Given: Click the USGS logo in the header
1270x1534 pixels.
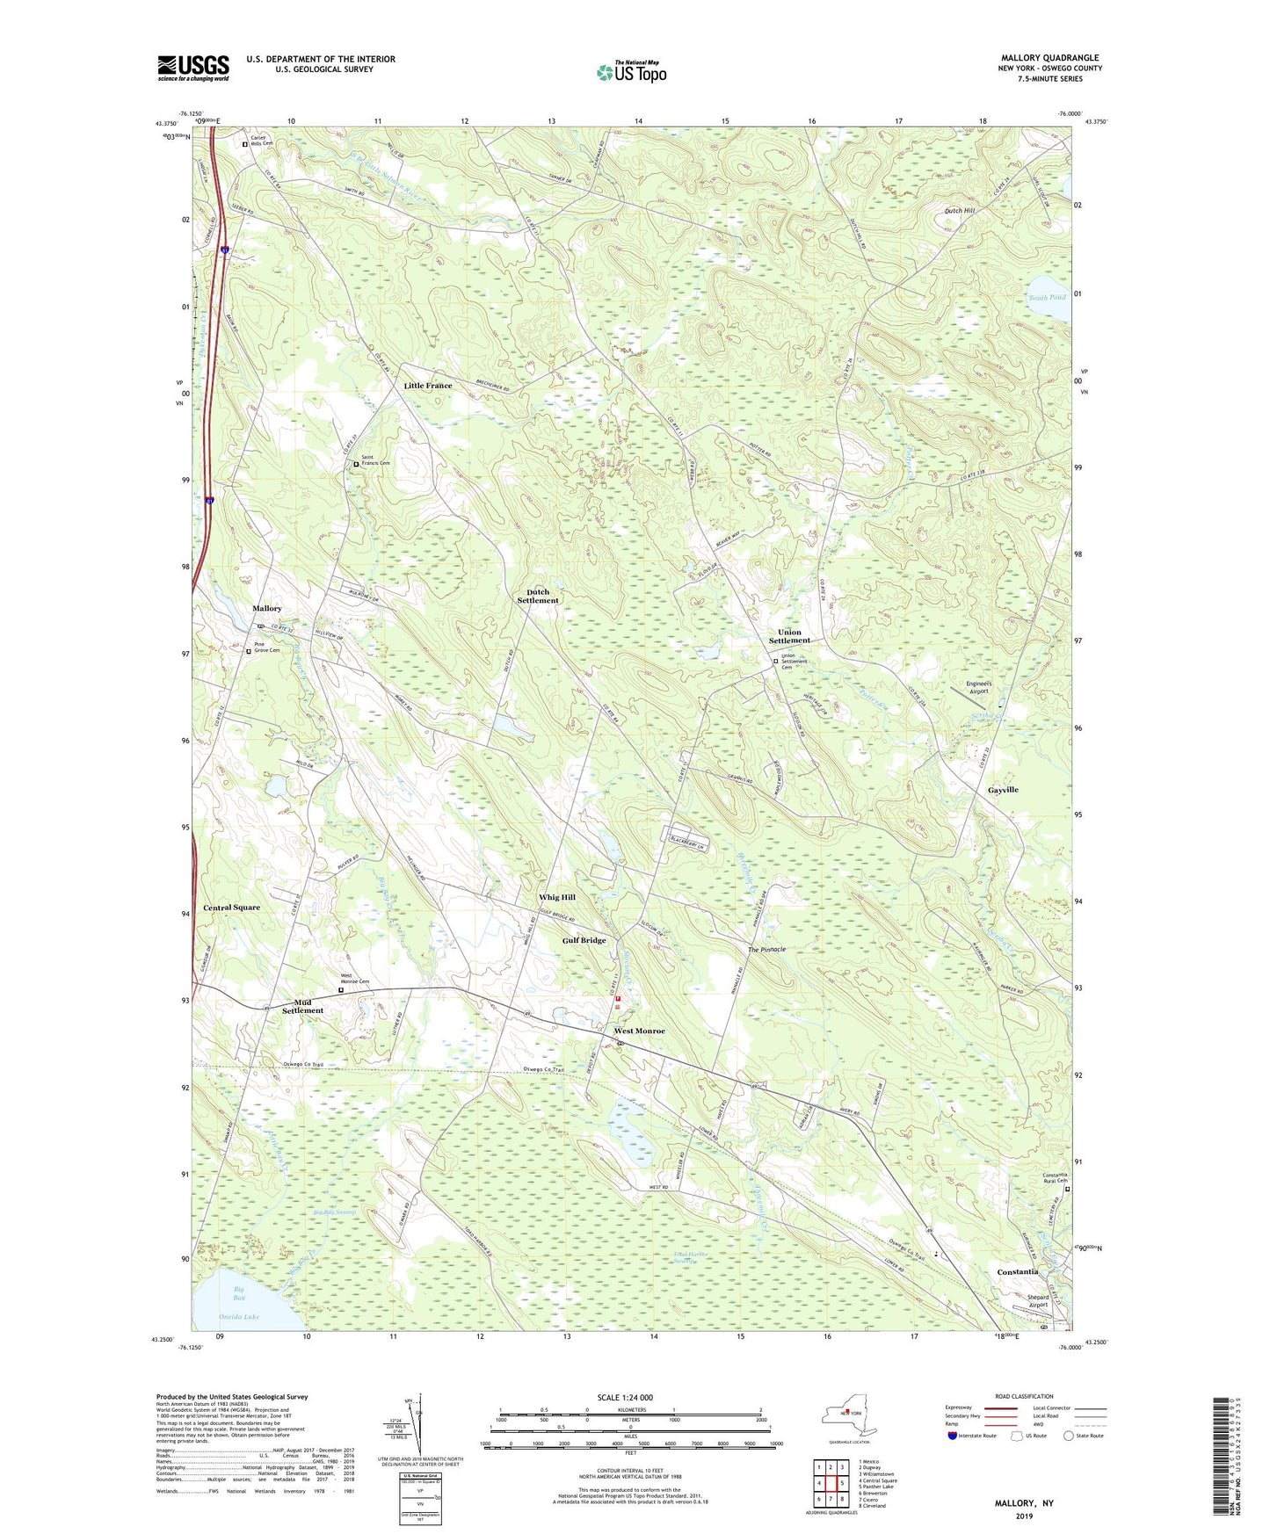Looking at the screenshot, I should pos(193,68).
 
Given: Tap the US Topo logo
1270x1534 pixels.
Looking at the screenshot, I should pos(631,72).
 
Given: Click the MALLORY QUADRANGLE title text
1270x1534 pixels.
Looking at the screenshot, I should pos(1049,58).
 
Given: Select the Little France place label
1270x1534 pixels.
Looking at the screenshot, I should pos(428,386).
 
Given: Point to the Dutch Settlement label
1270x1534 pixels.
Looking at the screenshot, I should pos(538,597).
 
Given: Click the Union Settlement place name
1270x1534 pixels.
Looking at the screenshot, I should pos(789,636).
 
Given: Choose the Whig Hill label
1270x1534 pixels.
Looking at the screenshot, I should pos(557,897).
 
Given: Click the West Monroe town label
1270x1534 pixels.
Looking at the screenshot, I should pos(639,1031).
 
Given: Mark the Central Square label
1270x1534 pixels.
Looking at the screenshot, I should pos(231,908).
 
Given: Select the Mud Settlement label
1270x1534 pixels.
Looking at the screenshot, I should pos(302,1006).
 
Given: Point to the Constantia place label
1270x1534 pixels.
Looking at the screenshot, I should pos(1018,1271).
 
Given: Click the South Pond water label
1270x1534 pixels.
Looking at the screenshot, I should pos(1047,298).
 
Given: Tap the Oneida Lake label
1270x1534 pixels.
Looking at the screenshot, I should pos(239,1317).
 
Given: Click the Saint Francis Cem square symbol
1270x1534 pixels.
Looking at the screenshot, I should pos(356,464).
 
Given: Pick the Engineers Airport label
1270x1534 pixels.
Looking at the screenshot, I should pos(978,687).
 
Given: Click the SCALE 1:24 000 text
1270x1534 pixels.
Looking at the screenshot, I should pos(625,1398).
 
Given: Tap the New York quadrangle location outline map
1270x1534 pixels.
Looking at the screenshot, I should pos(847,1416).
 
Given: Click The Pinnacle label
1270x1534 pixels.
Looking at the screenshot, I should pos(766,950).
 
